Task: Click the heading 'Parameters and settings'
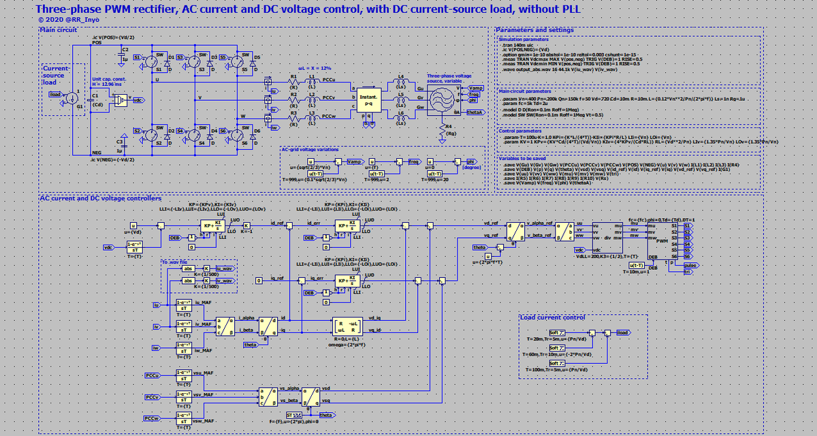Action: click(534, 30)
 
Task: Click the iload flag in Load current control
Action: click(622, 332)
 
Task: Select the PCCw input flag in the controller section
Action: click(151, 417)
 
